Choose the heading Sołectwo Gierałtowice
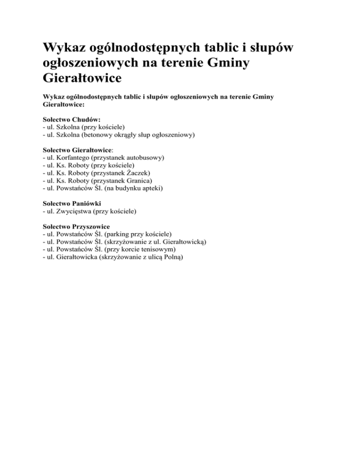[77, 150]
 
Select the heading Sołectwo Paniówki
[71, 204]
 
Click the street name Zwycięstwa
[73, 211]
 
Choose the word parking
[113, 234]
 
